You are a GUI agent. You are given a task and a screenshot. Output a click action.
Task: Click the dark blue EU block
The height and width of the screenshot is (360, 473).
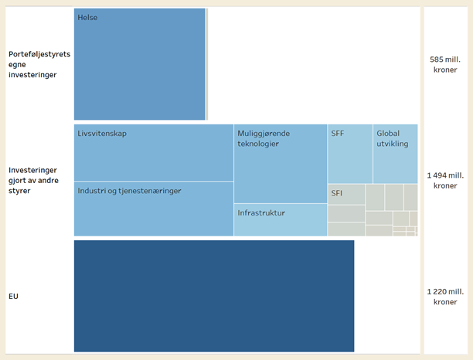(x=214, y=296)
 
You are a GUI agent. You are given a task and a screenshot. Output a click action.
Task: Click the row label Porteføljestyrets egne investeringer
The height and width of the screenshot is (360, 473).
(x=39, y=64)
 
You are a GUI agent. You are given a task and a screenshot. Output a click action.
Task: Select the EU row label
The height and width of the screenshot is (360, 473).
(x=14, y=296)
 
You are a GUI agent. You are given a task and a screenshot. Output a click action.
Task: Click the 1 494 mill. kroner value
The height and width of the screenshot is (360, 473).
(x=446, y=180)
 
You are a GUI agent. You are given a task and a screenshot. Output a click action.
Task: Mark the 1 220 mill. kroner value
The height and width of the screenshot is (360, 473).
(x=446, y=296)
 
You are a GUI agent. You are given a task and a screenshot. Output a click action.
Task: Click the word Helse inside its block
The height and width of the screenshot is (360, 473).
(x=87, y=17)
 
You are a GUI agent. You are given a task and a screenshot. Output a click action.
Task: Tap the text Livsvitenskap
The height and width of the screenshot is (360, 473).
(x=102, y=133)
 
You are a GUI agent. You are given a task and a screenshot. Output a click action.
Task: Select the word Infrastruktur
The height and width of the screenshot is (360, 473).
(x=261, y=212)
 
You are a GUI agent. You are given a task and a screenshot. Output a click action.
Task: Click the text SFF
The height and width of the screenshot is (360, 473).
(x=338, y=133)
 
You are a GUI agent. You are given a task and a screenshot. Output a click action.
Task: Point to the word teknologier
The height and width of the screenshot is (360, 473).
(x=258, y=144)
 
